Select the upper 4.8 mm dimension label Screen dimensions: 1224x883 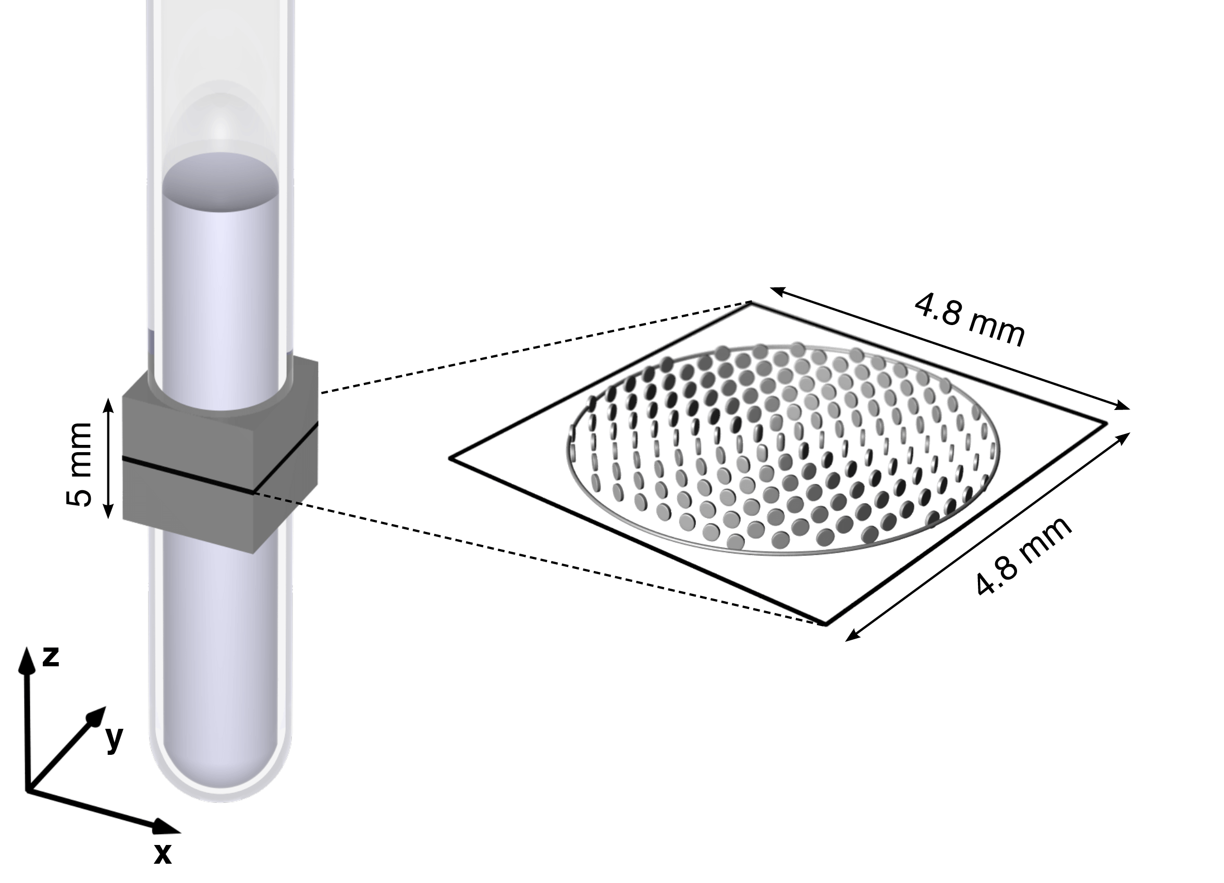click(x=969, y=321)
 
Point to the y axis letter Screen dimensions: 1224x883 click(x=114, y=739)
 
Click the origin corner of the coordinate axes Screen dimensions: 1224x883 click(x=27, y=791)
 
